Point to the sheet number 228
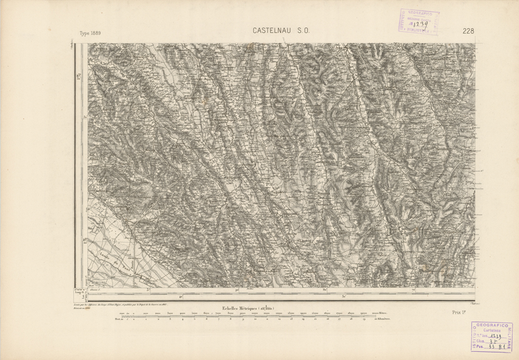(468, 31)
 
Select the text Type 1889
(90, 33)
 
